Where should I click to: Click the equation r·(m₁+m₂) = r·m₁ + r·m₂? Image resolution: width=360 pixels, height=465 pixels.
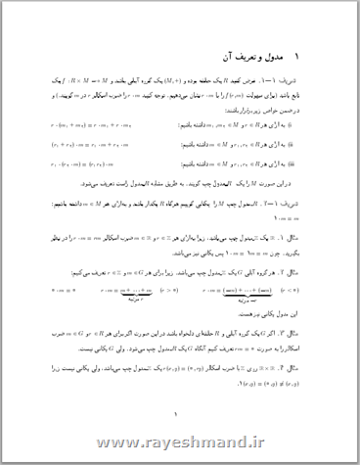(92, 126)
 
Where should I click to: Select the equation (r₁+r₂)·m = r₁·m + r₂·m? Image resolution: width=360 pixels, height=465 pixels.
(92, 145)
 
